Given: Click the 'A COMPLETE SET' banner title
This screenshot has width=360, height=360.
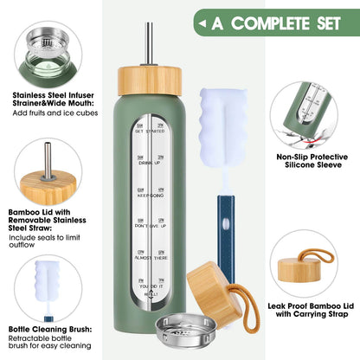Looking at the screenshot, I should click(280, 21).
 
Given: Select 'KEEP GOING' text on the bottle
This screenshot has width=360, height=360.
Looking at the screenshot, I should click(151, 196).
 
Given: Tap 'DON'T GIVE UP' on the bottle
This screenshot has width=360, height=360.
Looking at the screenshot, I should click(151, 229).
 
